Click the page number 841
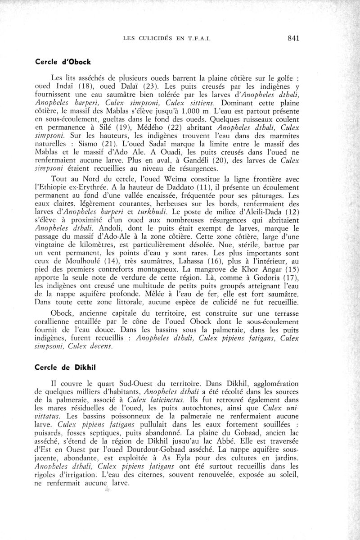(x=293, y=38)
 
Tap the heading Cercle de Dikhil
(x=60, y=367)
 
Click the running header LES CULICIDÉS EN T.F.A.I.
(x=166, y=39)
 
